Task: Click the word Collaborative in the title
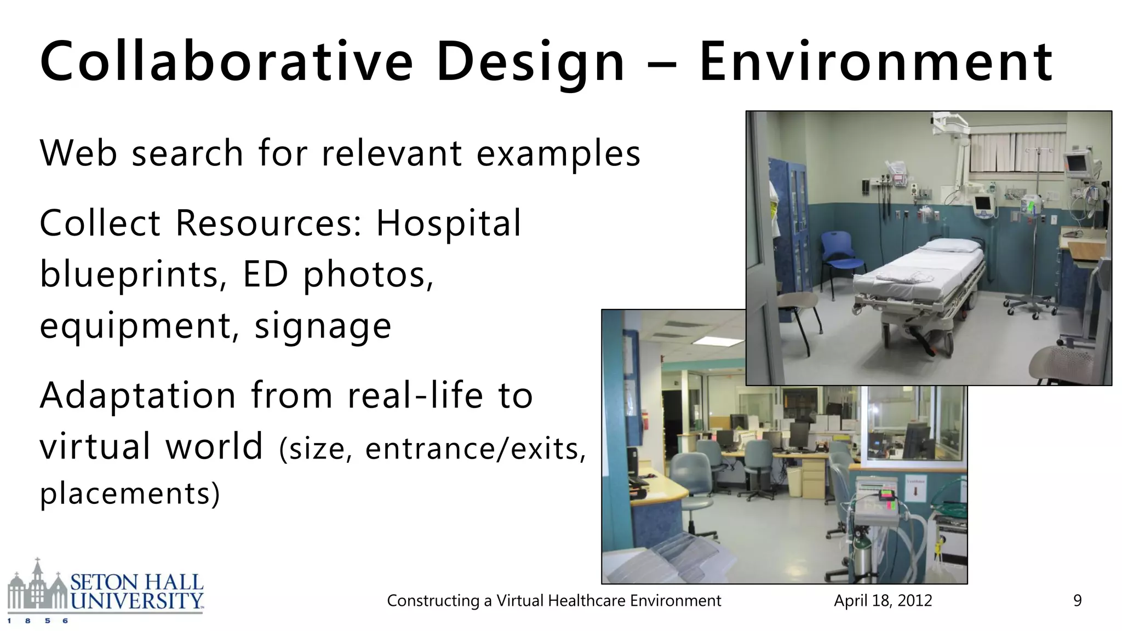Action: [x=226, y=61]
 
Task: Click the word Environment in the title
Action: [x=875, y=61]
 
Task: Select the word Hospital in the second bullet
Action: [x=448, y=223]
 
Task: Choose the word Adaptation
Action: [x=138, y=395]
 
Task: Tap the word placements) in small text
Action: [x=130, y=493]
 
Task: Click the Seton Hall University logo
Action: [x=105, y=592]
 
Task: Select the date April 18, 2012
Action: [x=883, y=601]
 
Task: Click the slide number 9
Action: [x=1077, y=601]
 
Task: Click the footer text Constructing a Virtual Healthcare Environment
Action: [x=553, y=601]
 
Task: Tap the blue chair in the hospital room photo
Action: [x=841, y=255]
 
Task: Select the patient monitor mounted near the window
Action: [x=1075, y=163]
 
